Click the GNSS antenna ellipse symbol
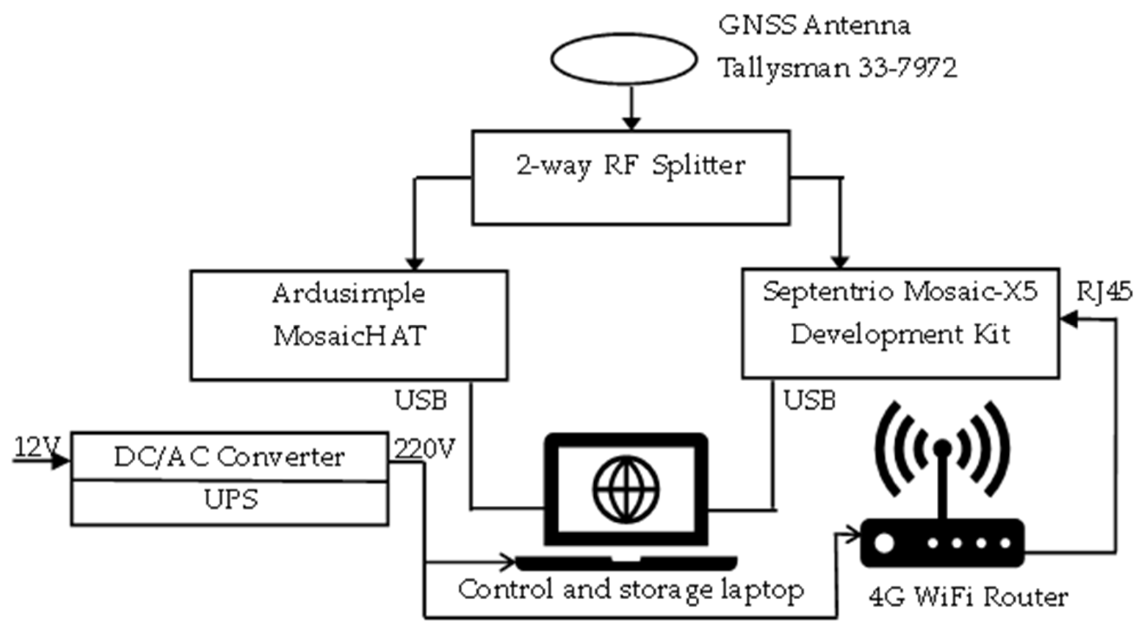click(623, 59)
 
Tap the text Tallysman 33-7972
click(837, 68)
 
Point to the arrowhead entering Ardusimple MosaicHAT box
click(414, 263)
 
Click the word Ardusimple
click(349, 294)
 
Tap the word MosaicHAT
click(349, 336)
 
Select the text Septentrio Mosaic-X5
click(900, 292)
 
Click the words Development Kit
click(900, 334)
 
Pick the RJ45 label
click(1104, 292)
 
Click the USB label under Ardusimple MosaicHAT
click(420, 400)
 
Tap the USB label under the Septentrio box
click(810, 400)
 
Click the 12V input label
click(37, 447)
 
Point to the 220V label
click(425, 448)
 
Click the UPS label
click(231, 500)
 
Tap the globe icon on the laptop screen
click(626, 489)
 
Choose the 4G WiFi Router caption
click(968, 597)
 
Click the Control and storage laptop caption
click(631, 590)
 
